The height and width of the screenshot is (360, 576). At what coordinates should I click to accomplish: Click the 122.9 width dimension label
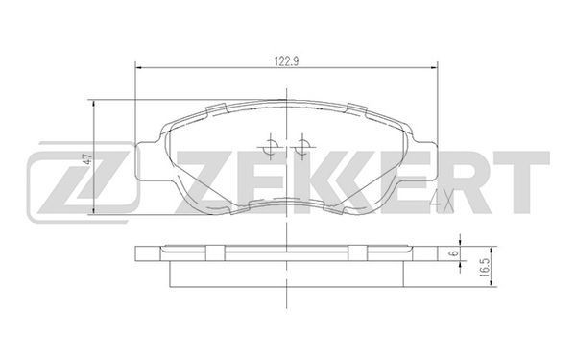pyautogui.click(x=286, y=61)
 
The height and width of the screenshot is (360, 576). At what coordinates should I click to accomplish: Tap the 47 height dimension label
pyautogui.click(x=87, y=159)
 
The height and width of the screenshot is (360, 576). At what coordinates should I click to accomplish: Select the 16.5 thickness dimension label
pyautogui.click(x=485, y=267)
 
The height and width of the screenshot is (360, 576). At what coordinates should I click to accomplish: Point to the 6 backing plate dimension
pyautogui.click(x=454, y=253)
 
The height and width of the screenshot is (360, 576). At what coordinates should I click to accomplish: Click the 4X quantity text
pyautogui.click(x=442, y=202)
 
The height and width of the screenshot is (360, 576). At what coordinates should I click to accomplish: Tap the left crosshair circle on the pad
pyautogui.click(x=271, y=147)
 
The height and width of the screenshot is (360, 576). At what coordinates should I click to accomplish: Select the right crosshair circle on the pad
pyautogui.click(x=302, y=147)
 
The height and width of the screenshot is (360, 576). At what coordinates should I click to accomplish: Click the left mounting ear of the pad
pyautogui.click(x=148, y=161)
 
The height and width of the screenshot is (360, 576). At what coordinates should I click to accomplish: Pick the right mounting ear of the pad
pyautogui.click(x=425, y=161)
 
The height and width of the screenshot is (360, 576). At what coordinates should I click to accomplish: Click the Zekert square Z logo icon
pyautogui.click(x=83, y=181)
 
